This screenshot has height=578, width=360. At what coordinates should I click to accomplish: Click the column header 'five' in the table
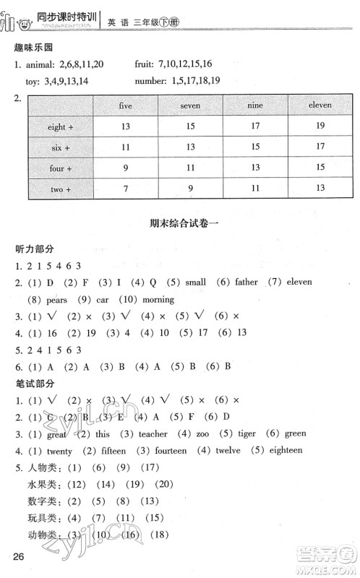coord(126,105)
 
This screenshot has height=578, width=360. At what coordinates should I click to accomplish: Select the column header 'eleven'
coord(320,105)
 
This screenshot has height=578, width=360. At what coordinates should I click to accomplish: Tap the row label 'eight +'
coord(61,128)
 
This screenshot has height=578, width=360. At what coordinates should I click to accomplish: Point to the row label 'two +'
coord(61,189)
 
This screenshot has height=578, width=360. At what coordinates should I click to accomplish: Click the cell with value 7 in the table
coord(126,189)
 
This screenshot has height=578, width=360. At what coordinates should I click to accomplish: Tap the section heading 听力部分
coord(35,249)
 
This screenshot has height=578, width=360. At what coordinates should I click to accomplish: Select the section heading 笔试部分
coord(35,384)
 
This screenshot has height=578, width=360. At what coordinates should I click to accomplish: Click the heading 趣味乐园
coord(35,48)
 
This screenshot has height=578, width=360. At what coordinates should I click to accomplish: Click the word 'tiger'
coord(244,434)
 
